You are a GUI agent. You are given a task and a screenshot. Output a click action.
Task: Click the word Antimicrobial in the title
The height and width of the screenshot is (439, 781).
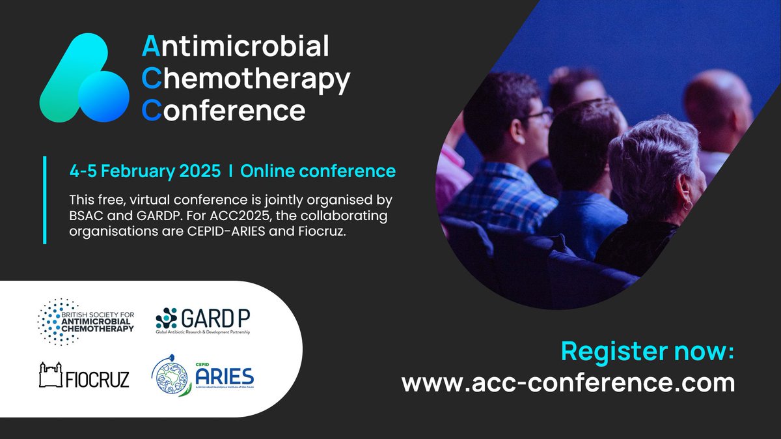pyautogui.click(x=236, y=48)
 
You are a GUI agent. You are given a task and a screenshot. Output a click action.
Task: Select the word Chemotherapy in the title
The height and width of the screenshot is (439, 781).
pyautogui.click(x=246, y=79)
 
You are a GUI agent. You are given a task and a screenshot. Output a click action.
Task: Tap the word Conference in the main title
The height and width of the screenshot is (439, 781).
pyautogui.click(x=223, y=111)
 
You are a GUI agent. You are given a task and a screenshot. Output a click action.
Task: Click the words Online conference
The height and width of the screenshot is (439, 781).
pyautogui.click(x=318, y=171)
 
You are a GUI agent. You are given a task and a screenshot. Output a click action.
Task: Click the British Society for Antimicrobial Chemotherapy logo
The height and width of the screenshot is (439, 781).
pyautogui.click(x=86, y=320)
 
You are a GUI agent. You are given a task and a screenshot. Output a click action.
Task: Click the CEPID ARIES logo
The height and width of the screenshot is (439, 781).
pyautogui.click(x=202, y=376)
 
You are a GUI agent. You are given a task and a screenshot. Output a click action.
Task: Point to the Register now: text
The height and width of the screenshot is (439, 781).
pyautogui.click(x=648, y=352)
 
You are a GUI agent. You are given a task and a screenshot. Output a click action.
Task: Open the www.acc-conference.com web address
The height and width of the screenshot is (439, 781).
pyautogui.click(x=568, y=382)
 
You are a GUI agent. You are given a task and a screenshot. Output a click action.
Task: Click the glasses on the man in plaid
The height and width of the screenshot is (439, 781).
pyautogui.click(x=540, y=117)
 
